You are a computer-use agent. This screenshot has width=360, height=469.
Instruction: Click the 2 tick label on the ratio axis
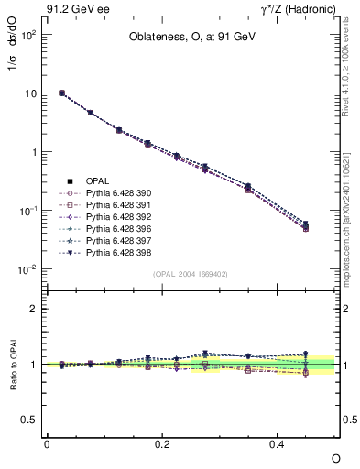(x=34, y=309)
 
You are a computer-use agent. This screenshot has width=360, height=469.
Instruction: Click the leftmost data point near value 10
(x=61, y=93)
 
